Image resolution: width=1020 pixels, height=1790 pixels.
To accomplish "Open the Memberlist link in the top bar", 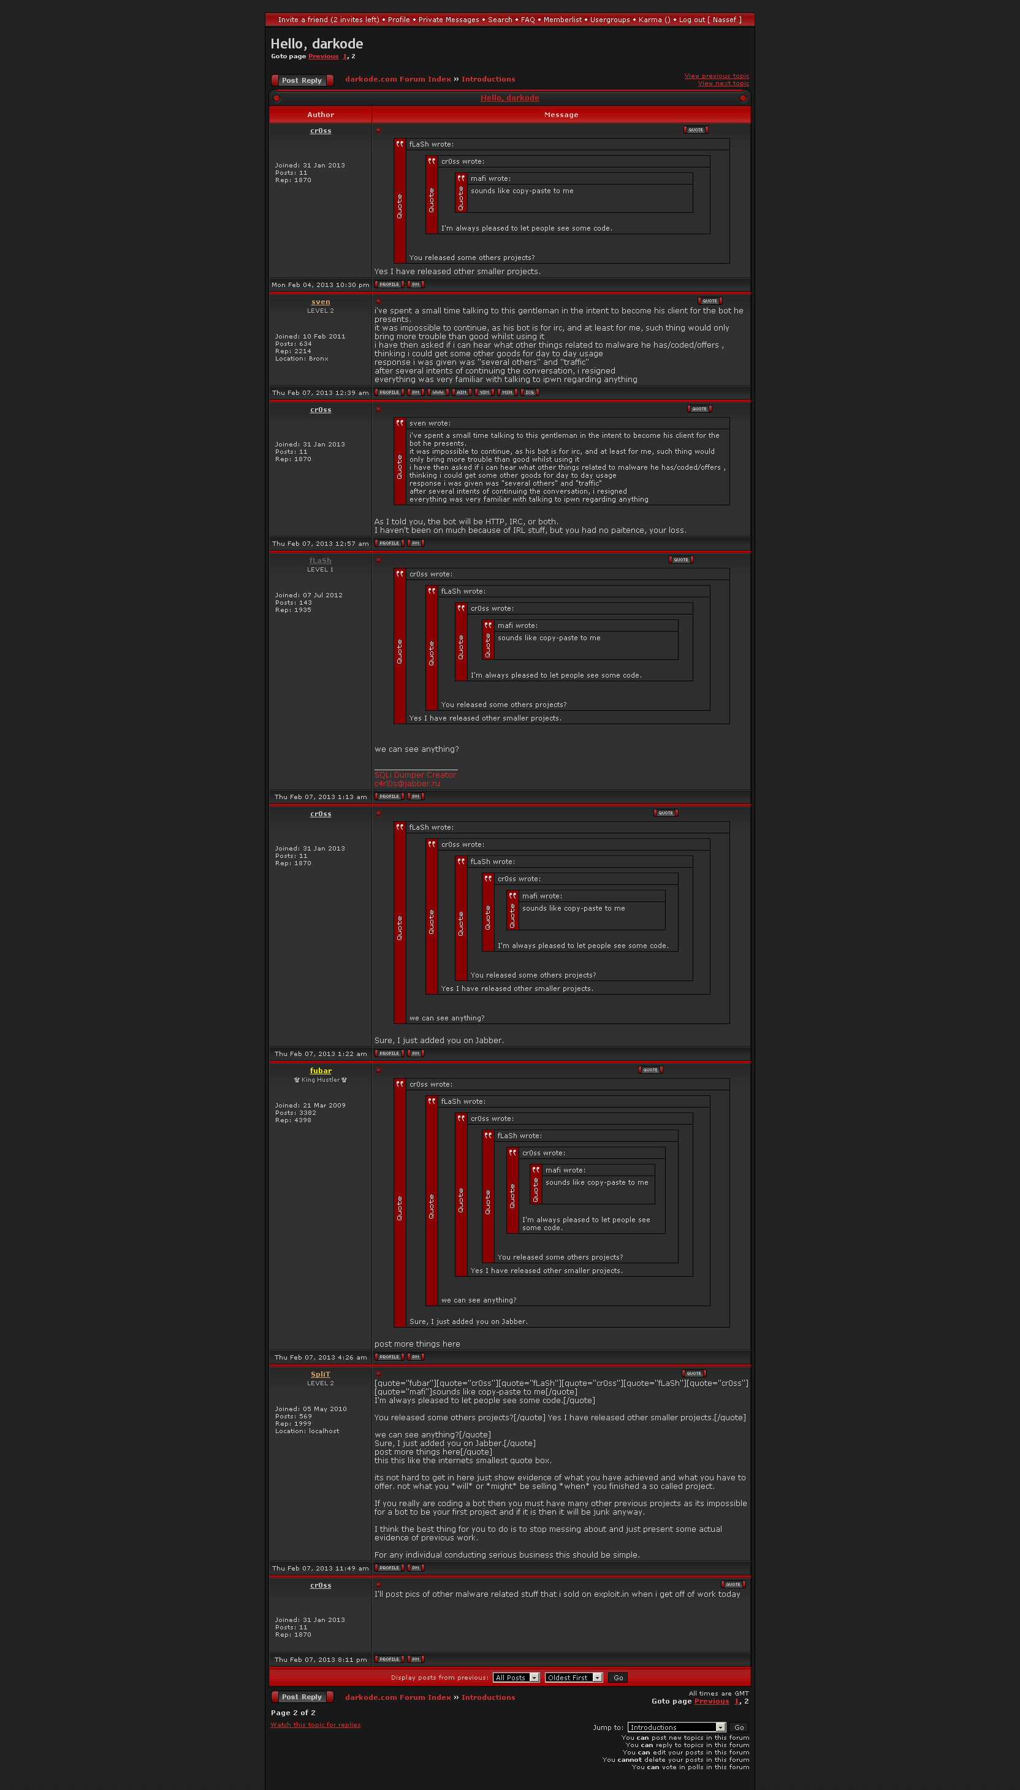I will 562,20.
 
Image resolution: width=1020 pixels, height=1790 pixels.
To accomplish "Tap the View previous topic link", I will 716,75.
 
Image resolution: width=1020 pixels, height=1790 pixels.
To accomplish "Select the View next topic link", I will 723,83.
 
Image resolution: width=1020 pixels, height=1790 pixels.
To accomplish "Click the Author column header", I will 320,115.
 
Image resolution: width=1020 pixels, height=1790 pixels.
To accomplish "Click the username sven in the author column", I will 320,302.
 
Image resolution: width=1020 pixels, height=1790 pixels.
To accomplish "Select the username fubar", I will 320,1071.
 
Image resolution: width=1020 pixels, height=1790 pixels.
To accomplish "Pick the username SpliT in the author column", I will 320,1375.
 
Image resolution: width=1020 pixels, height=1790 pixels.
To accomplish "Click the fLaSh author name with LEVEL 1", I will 320,560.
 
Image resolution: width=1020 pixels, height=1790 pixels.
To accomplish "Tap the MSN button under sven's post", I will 507,392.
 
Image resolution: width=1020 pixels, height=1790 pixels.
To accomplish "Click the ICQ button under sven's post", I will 530,392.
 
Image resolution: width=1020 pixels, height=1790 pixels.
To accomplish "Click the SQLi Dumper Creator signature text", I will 415,775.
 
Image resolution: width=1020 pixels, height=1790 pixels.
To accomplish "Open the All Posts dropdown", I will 516,1677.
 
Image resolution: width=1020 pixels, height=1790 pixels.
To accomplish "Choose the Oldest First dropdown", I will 574,1677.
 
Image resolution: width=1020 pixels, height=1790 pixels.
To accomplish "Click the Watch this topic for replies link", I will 315,1725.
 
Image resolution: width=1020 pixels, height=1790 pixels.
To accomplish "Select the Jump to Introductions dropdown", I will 677,1727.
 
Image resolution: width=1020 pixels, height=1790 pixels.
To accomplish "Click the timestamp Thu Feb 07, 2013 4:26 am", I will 320,1358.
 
